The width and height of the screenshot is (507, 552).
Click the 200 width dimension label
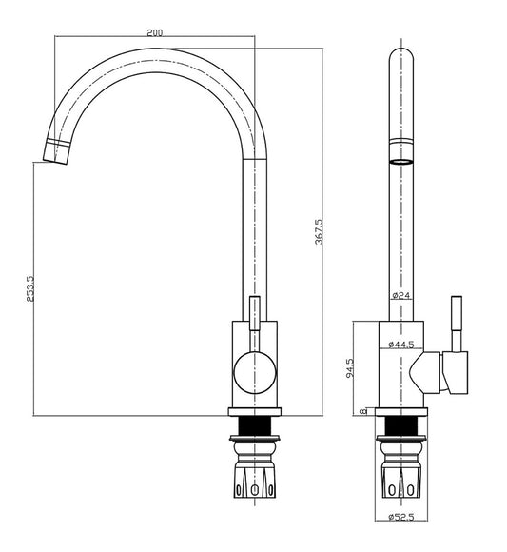click(155, 32)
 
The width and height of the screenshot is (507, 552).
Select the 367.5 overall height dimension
click(319, 231)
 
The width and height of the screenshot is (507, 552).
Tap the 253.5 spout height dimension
click(30, 288)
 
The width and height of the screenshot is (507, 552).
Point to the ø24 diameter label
click(400, 295)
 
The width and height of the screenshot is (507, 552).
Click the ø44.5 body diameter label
click(401, 345)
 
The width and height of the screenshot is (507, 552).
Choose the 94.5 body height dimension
click(350, 368)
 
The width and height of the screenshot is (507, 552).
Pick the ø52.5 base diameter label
click(401, 517)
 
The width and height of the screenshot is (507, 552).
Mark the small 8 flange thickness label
click(363, 411)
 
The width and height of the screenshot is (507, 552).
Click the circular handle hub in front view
click(255, 373)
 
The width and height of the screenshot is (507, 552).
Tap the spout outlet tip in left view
click(56, 152)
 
